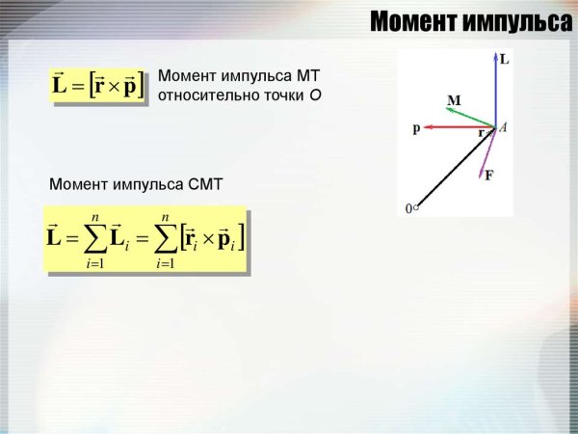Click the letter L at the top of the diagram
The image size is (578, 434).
click(505, 60)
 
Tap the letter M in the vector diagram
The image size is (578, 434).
click(454, 100)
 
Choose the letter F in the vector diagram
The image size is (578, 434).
click(489, 176)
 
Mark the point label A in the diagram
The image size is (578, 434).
click(503, 127)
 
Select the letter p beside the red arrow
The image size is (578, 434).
click(416, 127)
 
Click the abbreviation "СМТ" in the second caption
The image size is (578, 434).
click(204, 183)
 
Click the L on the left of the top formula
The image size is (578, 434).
click(61, 87)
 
